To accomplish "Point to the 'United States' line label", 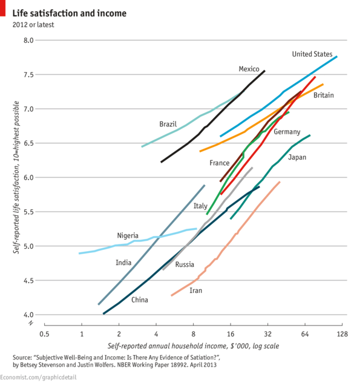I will click(x=312, y=54).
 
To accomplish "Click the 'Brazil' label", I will click(x=168, y=124).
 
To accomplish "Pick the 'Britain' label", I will click(x=324, y=96).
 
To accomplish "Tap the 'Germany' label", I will click(x=287, y=132).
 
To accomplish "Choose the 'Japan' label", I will click(x=297, y=157).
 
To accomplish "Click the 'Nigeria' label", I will click(x=128, y=235).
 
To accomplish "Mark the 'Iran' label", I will click(x=195, y=291).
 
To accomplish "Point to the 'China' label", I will click(x=139, y=300).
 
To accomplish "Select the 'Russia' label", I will click(x=185, y=264).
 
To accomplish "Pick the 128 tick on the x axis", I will click(x=342, y=334).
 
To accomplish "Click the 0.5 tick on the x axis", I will click(x=44, y=334).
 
